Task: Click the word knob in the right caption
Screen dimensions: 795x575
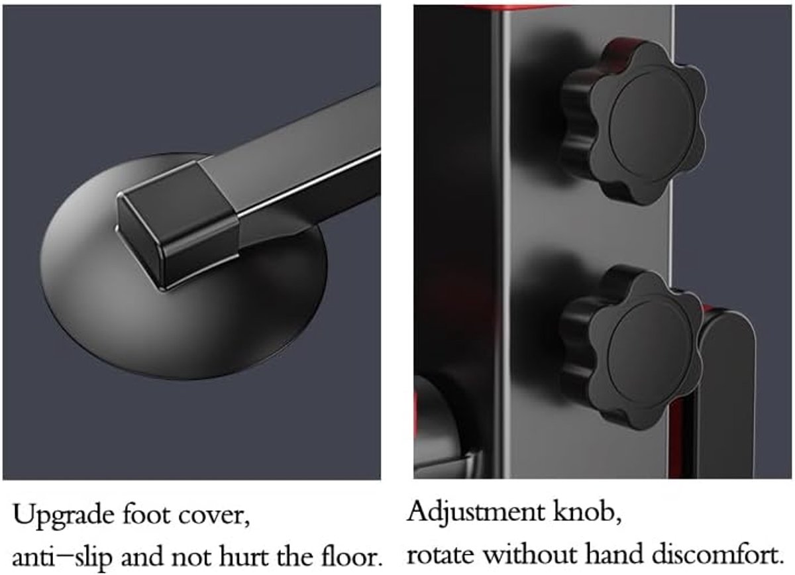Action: (587, 511)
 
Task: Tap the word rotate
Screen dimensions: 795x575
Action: (441, 555)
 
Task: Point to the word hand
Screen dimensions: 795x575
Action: (615, 554)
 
